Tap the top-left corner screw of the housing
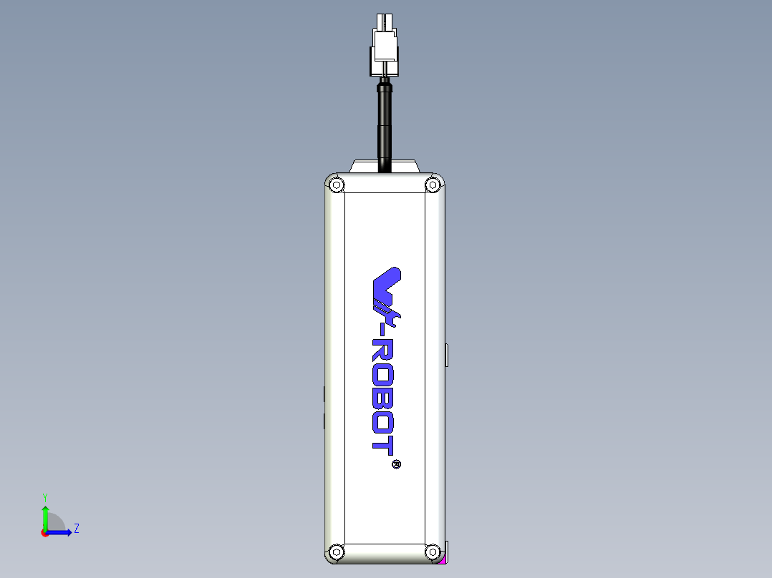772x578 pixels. coord(336,185)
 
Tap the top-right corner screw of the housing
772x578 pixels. coord(432,185)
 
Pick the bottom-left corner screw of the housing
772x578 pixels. coord(336,552)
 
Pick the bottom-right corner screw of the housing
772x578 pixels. coord(432,552)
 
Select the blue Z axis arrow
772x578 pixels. coord(60,532)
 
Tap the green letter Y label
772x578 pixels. coord(45,496)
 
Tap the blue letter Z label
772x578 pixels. coord(76,529)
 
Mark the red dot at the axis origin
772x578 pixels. coord(45,533)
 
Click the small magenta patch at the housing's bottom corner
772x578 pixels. coord(444,560)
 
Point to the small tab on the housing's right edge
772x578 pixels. coord(447,355)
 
